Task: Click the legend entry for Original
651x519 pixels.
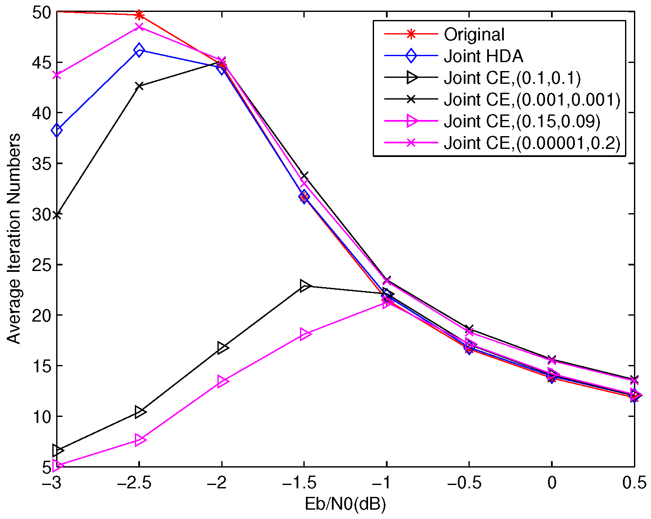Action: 474,34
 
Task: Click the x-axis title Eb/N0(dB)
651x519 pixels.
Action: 345,505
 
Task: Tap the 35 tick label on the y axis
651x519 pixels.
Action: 41,164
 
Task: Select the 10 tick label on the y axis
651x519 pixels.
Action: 41,416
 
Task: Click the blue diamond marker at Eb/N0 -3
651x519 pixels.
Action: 57,130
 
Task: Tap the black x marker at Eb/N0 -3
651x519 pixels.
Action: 57,215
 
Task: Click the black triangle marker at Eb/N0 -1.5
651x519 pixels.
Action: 305,286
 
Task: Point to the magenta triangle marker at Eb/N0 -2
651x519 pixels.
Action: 223,382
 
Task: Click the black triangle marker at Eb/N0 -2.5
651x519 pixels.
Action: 140,412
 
